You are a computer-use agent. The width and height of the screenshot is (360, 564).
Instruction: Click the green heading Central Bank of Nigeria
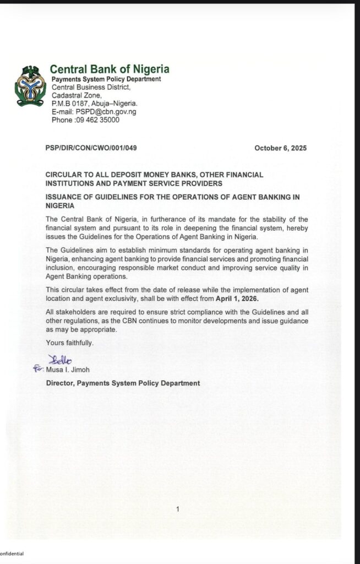pos(110,69)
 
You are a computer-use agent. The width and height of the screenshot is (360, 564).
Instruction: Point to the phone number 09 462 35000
pos(96,120)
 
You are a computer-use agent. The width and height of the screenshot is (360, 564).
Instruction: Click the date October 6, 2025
pos(280,148)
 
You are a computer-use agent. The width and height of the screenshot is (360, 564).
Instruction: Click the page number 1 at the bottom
pos(178,509)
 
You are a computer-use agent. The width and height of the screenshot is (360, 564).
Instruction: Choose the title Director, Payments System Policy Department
pos(123,383)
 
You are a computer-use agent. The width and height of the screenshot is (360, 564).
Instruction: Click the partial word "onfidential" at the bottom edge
pos(12,554)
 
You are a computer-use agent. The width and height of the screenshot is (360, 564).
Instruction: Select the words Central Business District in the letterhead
pos(91,87)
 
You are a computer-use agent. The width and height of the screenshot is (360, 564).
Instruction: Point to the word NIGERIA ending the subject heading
pos(60,205)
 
